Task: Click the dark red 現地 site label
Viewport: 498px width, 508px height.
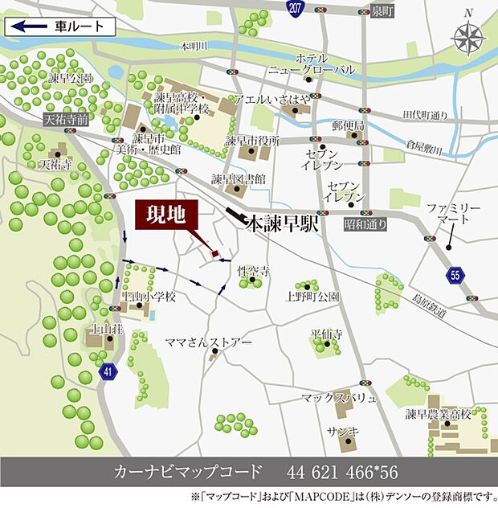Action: click(x=165, y=214)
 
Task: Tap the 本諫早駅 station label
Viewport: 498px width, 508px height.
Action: click(x=281, y=223)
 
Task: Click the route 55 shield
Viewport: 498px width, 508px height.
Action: click(x=456, y=275)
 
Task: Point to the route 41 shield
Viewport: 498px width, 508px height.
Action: click(x=108, y=371)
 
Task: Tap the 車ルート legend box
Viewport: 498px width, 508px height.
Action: click(x=60, y=26)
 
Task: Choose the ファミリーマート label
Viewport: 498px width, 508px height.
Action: click(x=454, y=213)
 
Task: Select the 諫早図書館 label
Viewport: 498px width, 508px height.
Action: click(x=239, y=178)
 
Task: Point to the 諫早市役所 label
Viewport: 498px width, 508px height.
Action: click(x=251, y=140)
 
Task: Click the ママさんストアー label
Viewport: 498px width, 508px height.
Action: click(x=203, y=342)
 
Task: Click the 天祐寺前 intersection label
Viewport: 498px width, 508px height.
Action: click(x=66, y=118)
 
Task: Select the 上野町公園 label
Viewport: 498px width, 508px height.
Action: click(x=312, y=297)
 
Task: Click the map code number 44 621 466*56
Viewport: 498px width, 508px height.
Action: click(x=342, y=471)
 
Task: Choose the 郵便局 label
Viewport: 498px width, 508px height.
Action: click(x=349, y=126)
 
